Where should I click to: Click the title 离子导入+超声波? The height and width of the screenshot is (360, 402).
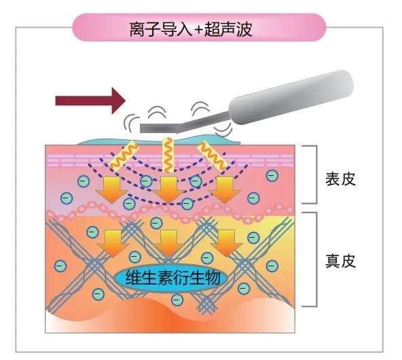coord(190,29)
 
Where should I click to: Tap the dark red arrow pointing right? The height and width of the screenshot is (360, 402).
coord(90,101)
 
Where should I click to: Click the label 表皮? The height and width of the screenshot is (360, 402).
coord(340,179)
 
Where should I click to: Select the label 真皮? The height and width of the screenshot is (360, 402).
coord(340,261)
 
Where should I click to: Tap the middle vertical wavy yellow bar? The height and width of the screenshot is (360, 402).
coord(168,155)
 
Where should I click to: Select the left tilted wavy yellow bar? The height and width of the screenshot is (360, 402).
coord(124,156)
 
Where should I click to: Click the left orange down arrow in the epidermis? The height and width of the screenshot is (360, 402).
coord(111,190)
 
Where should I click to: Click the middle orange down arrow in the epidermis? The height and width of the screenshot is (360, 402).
coord(168,190)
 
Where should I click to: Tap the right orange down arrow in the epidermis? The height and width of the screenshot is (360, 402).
coord(225,190)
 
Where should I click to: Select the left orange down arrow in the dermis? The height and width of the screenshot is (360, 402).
coord(113,243)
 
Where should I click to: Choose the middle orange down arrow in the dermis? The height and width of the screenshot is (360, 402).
coord(168,243)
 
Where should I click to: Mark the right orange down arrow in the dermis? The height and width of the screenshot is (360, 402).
coord(226,243)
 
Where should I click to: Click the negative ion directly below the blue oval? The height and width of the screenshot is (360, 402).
coord(177,300)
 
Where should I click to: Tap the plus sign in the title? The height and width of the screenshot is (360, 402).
coord(199,30)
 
